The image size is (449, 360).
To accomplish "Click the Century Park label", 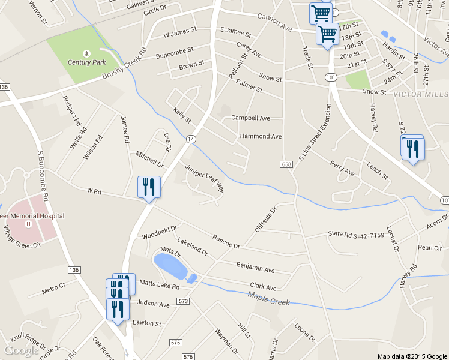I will [x=86, y=62].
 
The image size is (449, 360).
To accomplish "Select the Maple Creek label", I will [x=268, y=298].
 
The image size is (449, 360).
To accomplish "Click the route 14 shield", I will [x=190, y=139].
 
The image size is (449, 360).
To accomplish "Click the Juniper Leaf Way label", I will [x=204, y=178].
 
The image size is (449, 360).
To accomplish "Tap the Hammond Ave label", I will [x=261, y=137].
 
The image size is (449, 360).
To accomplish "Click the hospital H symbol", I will [x=28, y=224].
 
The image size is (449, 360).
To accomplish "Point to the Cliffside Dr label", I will [x=264, y=220].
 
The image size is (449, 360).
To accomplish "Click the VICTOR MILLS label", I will [x=420, y=95].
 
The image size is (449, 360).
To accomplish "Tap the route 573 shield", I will [x=184, y=301].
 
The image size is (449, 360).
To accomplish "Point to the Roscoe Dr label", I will [x=226, y=242].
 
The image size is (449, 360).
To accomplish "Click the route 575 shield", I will [x=175, y=342].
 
